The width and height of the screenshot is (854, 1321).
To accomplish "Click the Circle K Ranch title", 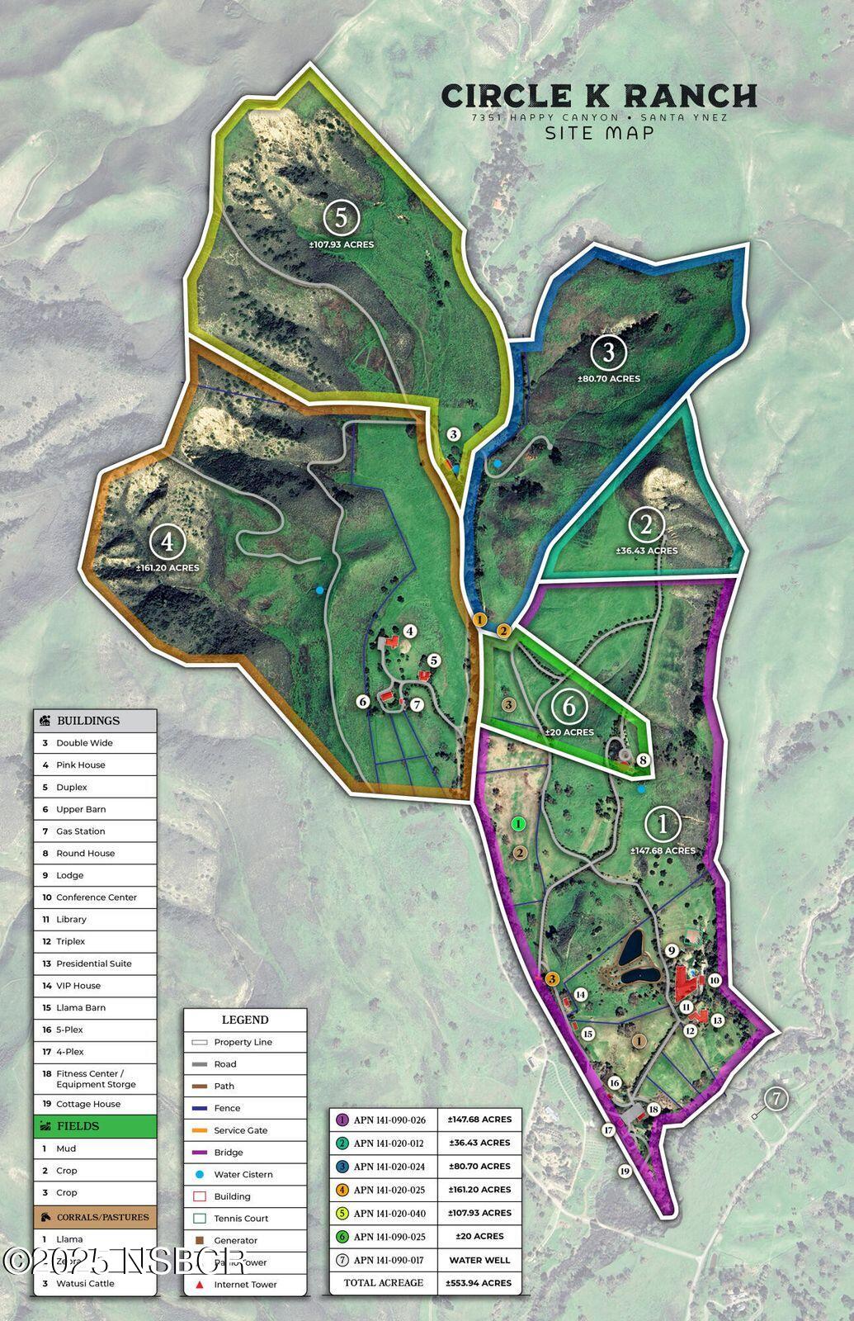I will (x=599, y=96).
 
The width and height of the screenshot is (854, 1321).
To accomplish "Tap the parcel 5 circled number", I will (x=341, y=219).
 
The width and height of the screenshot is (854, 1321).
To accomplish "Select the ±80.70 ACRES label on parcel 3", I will (x=609, y=379).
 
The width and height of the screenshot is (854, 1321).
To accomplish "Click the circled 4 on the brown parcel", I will (x=167, y=542).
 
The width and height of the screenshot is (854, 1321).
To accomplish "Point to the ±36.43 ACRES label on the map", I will (x=646, y=551).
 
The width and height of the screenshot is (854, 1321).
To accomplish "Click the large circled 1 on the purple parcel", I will (x=662, y=824).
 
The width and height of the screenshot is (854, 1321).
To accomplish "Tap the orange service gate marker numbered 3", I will (x=552, y=978).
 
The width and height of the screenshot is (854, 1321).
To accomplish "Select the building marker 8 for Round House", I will (x=643, y=760).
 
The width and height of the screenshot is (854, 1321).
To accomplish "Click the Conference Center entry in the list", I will (x=96, y=897).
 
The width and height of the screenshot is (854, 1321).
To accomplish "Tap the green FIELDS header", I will (x=95, y=1126).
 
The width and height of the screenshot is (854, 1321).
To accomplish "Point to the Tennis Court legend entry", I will (x=241, y=1219).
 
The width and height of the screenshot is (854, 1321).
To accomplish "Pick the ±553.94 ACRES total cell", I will (x=479, y=1283).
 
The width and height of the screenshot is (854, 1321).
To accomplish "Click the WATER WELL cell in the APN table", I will (x=479, y=1260).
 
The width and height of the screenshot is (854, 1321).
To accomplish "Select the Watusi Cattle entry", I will (x=85, y=1284).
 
